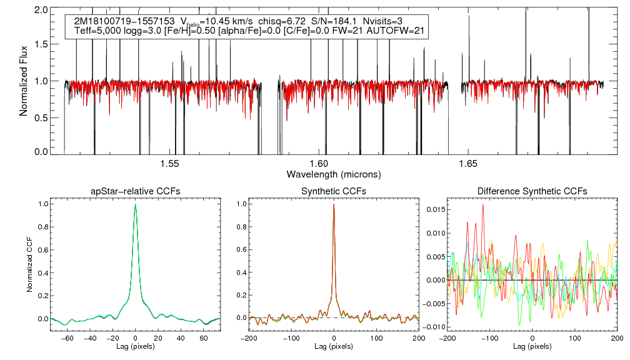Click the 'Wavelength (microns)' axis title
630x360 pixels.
point(334,174)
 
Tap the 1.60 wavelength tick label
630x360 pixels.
point(319,164)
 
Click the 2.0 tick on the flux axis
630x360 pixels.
point(42,11)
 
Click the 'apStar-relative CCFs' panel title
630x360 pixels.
point(135,191)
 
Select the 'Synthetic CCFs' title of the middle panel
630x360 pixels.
point(334,191)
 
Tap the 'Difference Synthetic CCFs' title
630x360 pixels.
point(532,191)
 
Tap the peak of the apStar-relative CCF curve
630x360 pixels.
point(135,204)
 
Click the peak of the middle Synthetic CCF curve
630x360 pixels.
point(334,204)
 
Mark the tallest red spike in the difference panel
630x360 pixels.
point(483,205)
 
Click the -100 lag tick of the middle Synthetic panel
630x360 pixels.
point(291,337)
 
